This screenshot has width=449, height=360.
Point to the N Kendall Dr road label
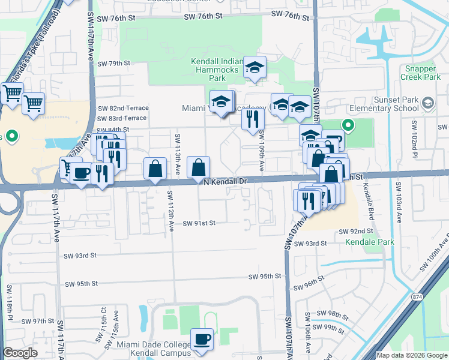pyautogui.click(x=225, y=181)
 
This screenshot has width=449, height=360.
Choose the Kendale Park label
pyautogui.click(x=369, y=242)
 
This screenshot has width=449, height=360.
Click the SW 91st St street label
pyautogui.click(x=199, y=223)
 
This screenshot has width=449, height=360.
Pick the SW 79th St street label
pyautogui.click(x=113, y=63)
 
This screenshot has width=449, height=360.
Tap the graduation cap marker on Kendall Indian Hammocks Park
pyautogui.click(x=256, y=68)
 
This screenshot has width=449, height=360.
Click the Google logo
pyautogui.click(x=20, y=353)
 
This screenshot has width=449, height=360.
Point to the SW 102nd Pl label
pyautogui.click(x=414, y=136)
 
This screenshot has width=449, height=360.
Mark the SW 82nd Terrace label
pyautogui.click(x=122, y=108)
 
